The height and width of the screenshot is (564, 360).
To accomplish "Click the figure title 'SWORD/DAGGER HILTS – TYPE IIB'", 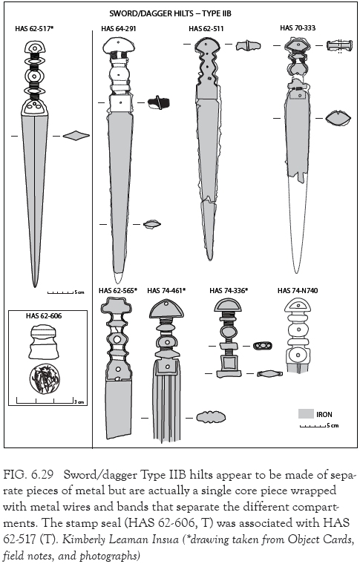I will (x=180, y=13).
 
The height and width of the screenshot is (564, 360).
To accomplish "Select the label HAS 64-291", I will (x=119, y=29).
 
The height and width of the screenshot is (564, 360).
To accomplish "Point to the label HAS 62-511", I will (x=205, y=29).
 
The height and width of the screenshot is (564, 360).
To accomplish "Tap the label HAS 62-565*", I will (x=118, y=290).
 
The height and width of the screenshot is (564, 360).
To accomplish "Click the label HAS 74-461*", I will (x=166, y=290).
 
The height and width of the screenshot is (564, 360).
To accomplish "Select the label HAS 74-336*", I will (x=229, y=290).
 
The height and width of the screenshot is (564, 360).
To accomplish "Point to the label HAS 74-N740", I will (x=296, y=290).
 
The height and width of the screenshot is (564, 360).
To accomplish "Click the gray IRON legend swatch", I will (x=304, y=413).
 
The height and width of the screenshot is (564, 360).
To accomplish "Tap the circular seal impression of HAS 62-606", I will (x=45, y=379).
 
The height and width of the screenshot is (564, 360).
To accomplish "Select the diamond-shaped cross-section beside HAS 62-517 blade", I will (x=76, y=136).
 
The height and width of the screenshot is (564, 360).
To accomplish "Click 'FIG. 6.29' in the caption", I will (x=28, y=473).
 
